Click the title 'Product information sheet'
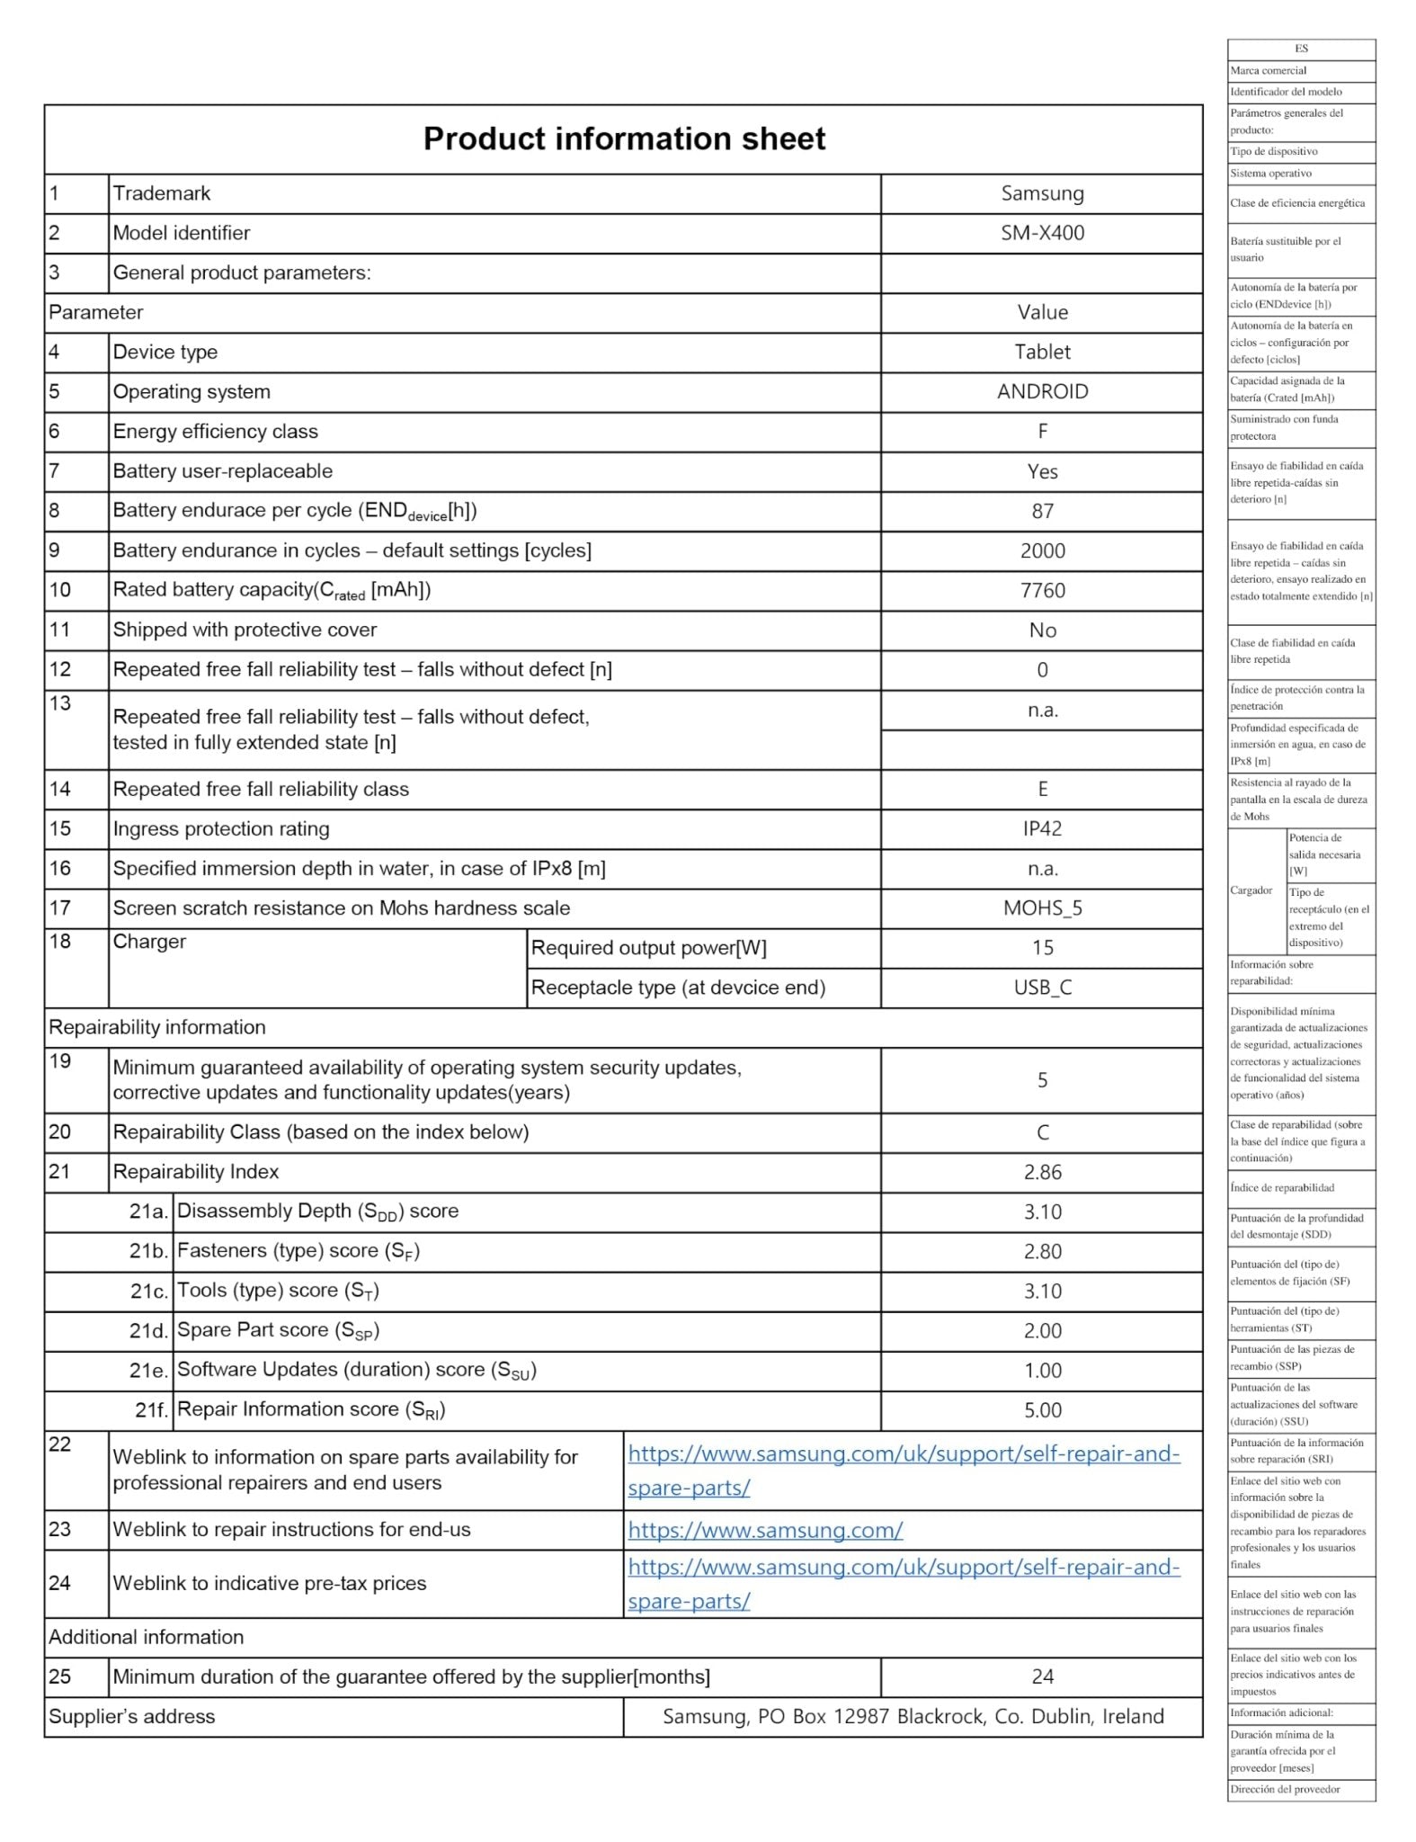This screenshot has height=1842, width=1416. [624, 139]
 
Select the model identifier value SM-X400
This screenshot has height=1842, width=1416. [1042, 233]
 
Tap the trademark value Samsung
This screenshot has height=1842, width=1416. [1042, 193]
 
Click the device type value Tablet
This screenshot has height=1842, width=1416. [1042, 352]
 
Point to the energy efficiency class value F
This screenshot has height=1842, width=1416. [1042, 432]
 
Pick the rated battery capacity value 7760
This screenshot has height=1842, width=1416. [1042, 590]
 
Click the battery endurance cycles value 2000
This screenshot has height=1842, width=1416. [1042, 550]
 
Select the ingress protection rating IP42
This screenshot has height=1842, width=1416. [1042, 828]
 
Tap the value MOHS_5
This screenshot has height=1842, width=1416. [1042, 908]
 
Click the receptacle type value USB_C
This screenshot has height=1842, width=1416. [1042, 988]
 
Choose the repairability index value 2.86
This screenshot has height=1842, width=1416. [1042, 1172]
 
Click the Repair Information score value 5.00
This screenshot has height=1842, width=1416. [1042, 1410]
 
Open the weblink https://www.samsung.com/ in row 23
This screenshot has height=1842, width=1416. [765, 1530]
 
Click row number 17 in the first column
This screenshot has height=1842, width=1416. [60, 908]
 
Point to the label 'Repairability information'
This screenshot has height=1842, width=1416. [157, 1027]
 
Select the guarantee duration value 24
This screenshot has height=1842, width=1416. [1042, 1677]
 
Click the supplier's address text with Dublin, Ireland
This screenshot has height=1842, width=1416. [913, 1716]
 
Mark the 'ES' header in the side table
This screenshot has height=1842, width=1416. [1301, 49]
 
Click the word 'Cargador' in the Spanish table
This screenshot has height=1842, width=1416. [1251, 890]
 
